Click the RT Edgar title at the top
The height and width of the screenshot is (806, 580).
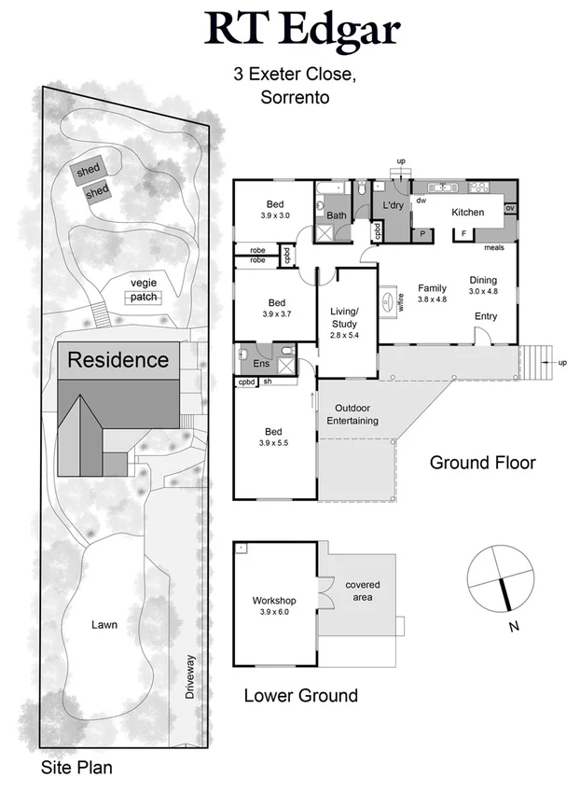(x=302, y=30)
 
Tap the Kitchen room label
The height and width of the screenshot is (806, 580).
(x=467, y=213)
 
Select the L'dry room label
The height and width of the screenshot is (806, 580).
(x=390, y=205)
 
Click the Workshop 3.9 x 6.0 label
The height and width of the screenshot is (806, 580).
(x=274, y=606)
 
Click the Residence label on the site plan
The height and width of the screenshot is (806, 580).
(x=117, y=359)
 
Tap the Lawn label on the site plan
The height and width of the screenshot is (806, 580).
(x=104, y=624)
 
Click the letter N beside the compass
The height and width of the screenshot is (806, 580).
(x=513, y=627)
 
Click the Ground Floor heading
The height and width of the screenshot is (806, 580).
(x=482, y=463)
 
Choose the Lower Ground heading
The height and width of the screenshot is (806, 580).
(x=300, y=695)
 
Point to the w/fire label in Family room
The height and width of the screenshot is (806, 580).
(x=401, y=301)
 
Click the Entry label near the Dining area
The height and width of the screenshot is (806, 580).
(x=485, y=316)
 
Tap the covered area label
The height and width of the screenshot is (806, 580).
(x=363, y=591)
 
